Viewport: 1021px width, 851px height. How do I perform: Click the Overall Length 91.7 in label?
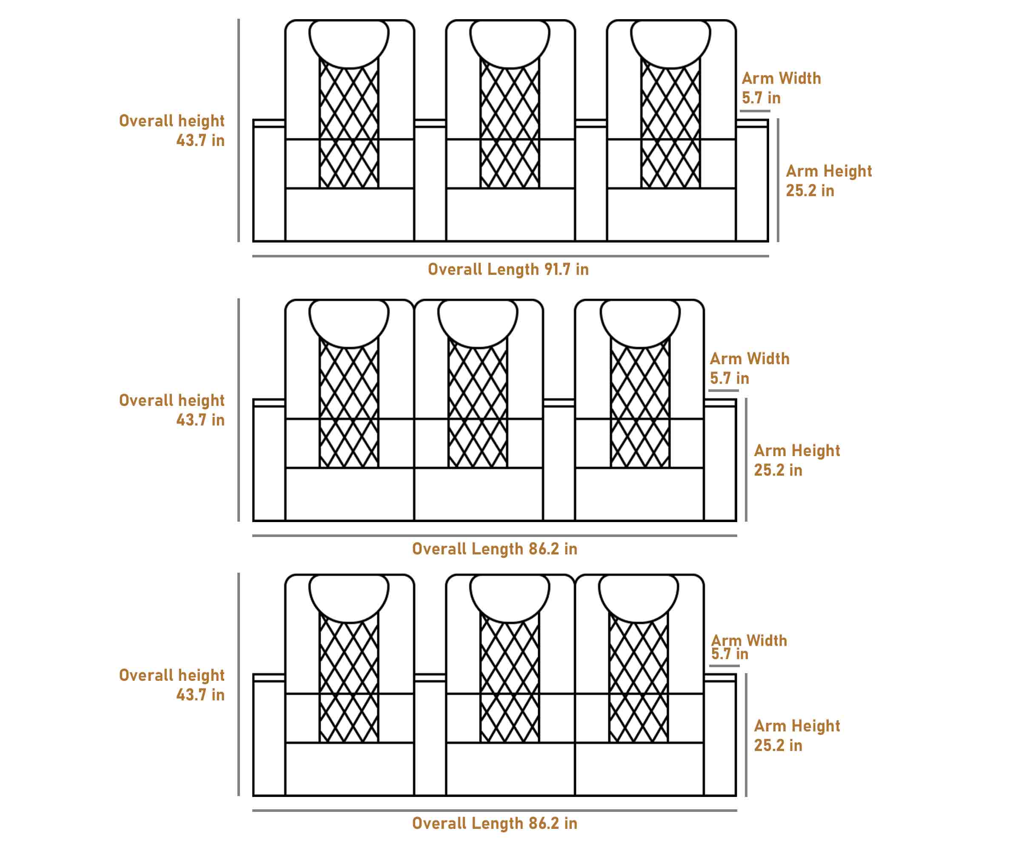(508, 269)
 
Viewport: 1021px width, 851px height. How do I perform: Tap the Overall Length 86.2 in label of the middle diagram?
(494, 549)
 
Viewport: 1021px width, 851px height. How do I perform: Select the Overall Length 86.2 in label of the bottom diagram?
(494, 823)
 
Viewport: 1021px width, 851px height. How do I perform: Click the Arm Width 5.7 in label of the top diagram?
(781, 88)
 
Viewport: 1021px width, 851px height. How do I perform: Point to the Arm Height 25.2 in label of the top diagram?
(828, 180)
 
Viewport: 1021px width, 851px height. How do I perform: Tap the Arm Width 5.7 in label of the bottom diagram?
(749, 647)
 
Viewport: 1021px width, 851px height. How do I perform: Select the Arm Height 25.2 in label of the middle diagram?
(797, 460)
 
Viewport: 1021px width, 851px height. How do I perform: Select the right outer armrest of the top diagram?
(752, 183)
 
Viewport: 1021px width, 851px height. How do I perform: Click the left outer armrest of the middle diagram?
(269, 462)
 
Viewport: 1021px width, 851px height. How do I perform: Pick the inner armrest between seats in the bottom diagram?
(430, 737)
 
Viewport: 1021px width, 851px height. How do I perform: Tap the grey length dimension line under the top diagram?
(510, 256)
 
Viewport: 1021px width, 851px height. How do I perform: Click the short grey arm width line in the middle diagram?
(724, 390)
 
